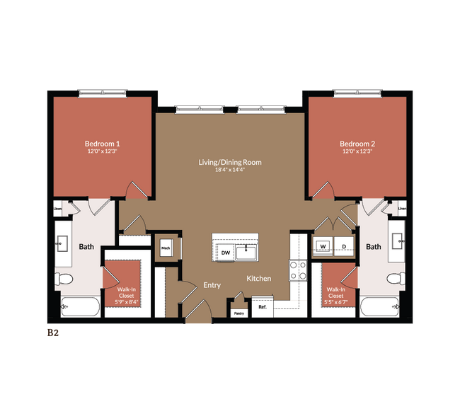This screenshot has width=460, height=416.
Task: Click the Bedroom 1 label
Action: click(103, 142)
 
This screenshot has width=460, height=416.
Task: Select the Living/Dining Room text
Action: click(230, 162)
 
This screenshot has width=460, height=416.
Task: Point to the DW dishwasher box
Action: click(226, 252)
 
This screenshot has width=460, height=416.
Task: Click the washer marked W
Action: click(323, 246)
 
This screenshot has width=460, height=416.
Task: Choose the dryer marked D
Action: click(344, 246)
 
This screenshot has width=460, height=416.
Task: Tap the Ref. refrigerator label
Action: click(262, 307)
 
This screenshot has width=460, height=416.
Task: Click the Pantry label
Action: click(239, 312)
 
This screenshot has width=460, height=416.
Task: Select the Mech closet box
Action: click(166, 248)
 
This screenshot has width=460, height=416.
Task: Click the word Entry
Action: click(212, 285)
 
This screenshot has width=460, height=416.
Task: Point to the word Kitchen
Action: click(259, 278)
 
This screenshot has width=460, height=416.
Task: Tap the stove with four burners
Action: click(298, 270)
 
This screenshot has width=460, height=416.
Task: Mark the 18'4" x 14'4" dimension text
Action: click(230, 171)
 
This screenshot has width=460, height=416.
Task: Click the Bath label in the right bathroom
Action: click(373, 247)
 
